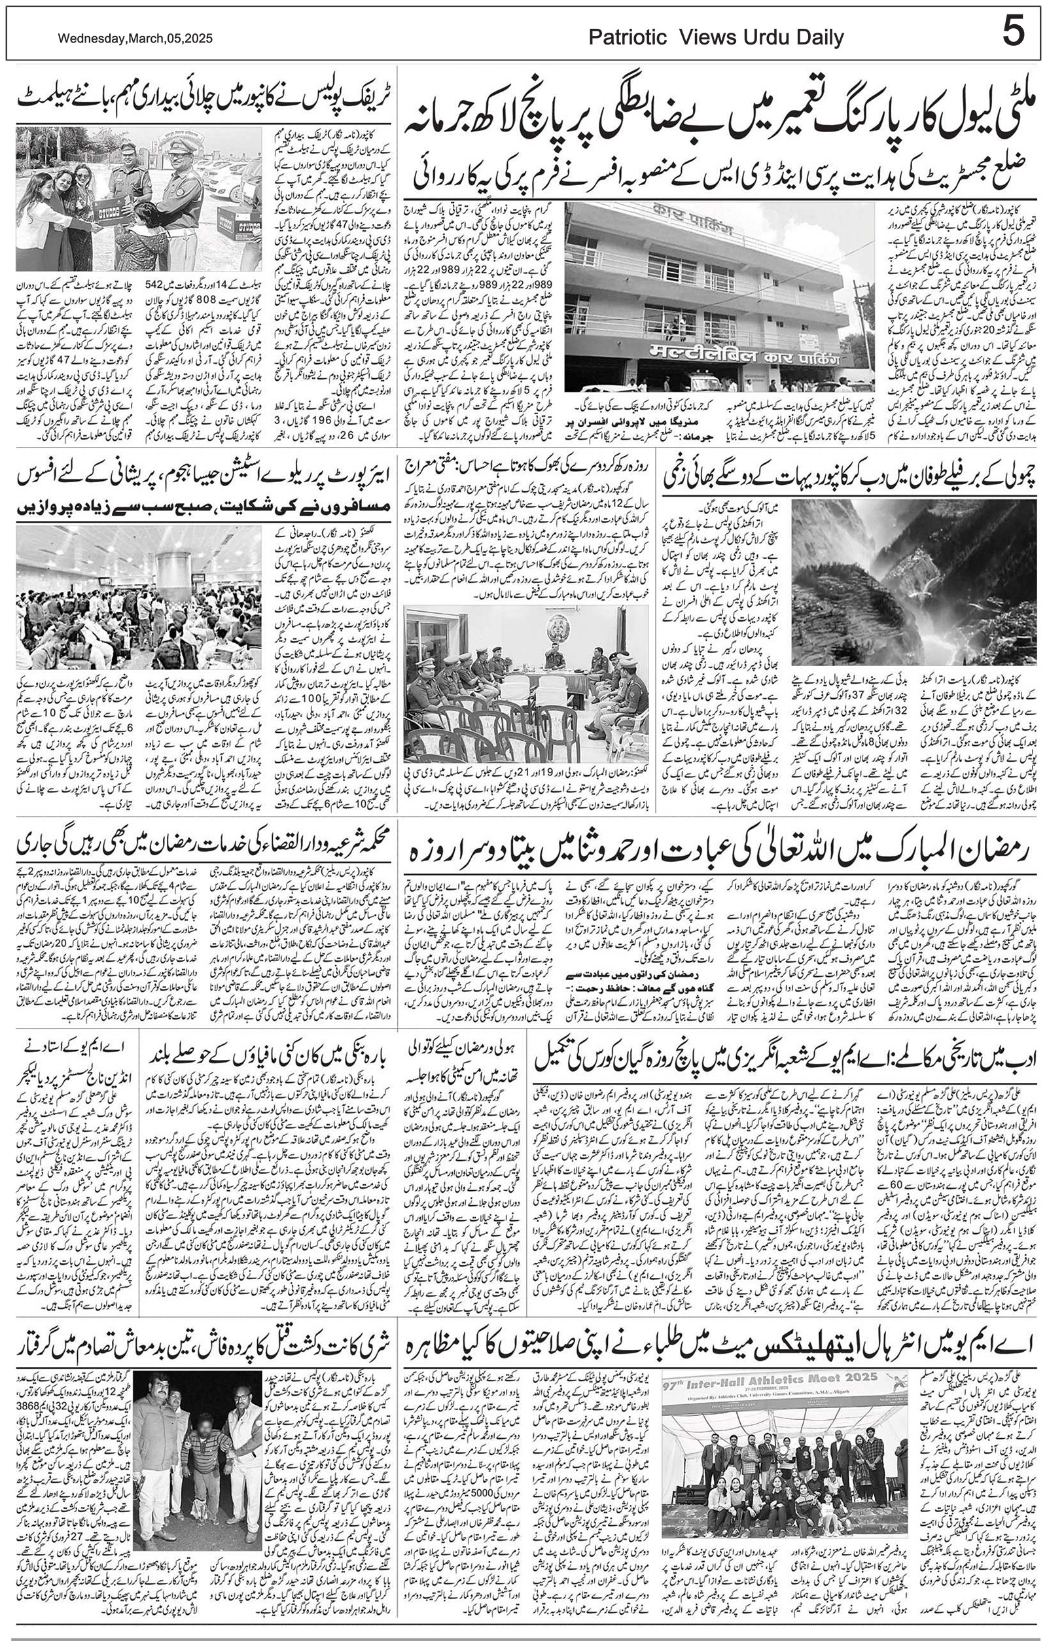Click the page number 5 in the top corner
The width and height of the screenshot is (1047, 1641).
click(1012, 33)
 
